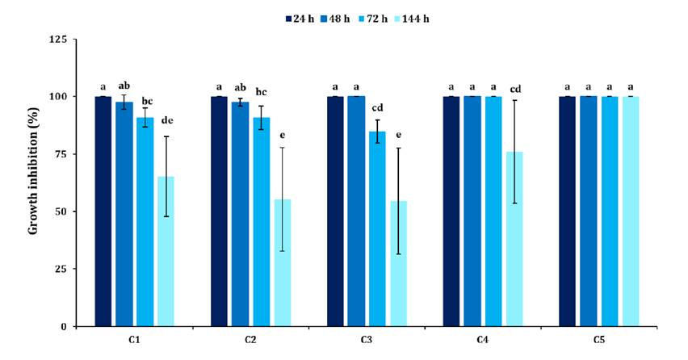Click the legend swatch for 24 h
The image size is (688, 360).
pos(289,16)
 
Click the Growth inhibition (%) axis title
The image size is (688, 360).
pos(33,182)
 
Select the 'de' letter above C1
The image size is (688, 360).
pos(166,121)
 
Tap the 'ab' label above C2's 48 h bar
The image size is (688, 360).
pos(240,87)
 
